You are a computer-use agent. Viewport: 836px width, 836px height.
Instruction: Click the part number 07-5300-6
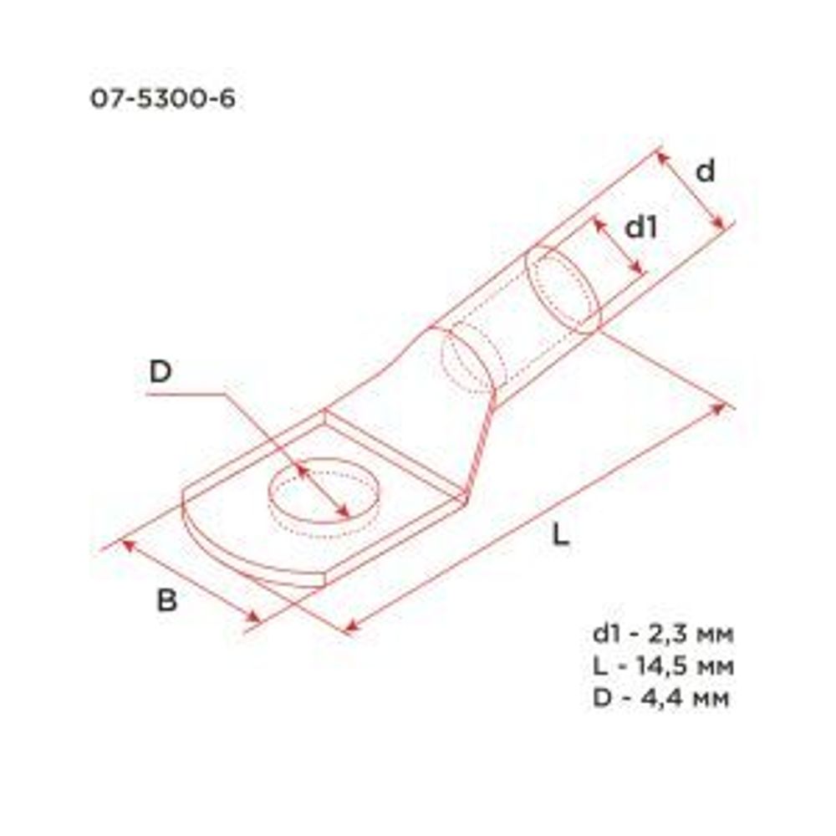point(162,99)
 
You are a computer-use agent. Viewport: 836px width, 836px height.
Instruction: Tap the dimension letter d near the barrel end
point(706,171)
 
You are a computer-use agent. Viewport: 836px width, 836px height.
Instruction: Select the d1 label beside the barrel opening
point(641,227)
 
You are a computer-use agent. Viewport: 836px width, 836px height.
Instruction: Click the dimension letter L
point(561,536)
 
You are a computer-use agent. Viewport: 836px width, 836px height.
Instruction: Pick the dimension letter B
point(167,600)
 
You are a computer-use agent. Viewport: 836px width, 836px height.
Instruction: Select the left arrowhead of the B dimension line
point(128,545)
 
